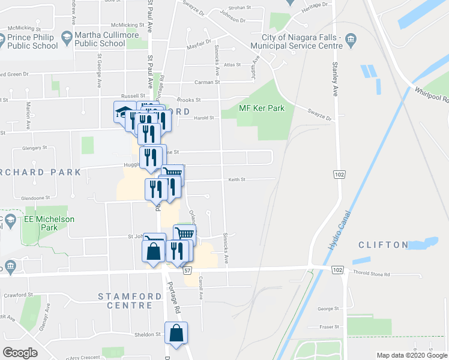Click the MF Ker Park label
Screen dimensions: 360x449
tap(261, 108)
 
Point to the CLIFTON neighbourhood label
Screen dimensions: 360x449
tap(383, 245)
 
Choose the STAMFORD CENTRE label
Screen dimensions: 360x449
tap(127, 301)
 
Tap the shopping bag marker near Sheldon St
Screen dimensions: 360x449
tap(176, 334)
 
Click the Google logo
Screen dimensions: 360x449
tap(20, 352)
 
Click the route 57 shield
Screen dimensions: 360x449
tap(187, 272)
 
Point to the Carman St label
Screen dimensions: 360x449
tap(207, 82)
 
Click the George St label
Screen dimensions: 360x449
tap(328, 309)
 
